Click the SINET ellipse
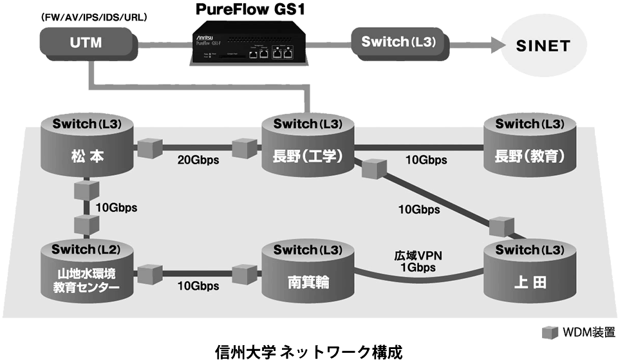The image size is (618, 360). [x=543, y=46]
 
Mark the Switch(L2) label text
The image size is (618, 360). [x=87, y=249]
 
